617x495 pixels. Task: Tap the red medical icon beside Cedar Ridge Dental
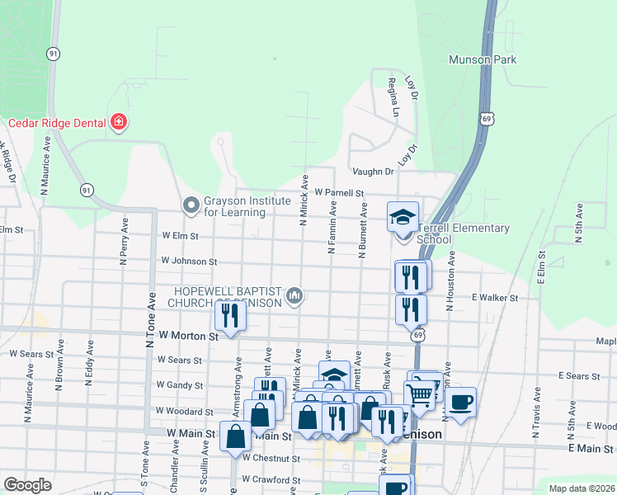(119, 123)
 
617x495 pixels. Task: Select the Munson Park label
(483, 59)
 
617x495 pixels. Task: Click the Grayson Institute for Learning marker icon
(191, 203)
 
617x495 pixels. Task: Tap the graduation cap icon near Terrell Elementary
(403, 217)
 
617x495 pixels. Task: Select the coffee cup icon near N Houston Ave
(461, 402)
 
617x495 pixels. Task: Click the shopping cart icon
(419, 395)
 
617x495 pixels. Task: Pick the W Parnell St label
(337, 193)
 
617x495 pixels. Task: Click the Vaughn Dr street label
(373, 172)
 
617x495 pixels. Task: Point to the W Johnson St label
(189, 261)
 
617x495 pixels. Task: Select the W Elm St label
(181, 235)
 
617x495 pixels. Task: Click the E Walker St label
(494, 297)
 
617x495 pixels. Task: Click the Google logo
(27, 485)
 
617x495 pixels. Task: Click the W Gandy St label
(180, 385)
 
